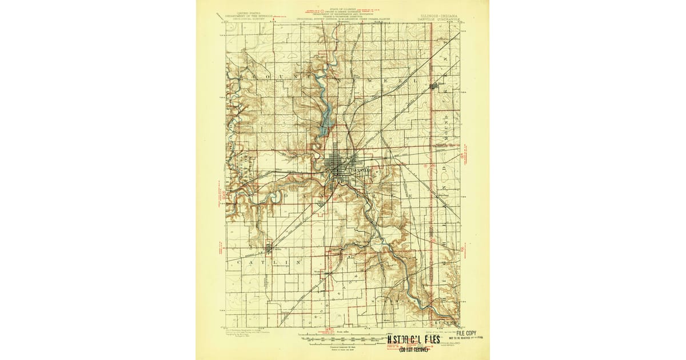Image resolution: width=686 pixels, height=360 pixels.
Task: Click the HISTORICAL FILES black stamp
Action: (x=422, y=338)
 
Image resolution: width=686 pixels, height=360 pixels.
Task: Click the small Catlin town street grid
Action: (x=270, y=247)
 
